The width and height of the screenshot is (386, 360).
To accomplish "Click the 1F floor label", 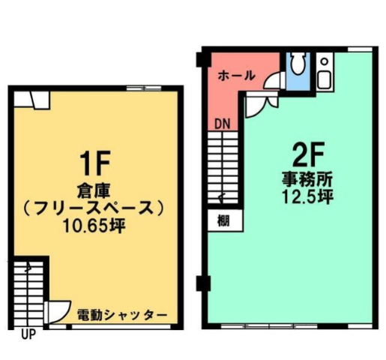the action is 95,163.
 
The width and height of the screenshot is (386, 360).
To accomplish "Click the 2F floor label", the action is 308,154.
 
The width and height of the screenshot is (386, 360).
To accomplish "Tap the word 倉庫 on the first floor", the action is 94,192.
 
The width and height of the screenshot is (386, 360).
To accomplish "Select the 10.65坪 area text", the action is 94,226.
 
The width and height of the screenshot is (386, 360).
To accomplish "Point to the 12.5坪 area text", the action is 307,197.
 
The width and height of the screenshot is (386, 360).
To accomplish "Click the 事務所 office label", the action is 307,180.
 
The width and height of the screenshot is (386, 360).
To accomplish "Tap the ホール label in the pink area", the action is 237,76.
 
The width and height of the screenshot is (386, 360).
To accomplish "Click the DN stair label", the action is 223,124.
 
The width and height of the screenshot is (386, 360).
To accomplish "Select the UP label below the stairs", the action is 28,334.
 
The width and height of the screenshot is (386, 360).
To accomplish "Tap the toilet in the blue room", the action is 298,62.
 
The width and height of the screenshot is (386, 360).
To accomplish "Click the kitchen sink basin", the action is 325,79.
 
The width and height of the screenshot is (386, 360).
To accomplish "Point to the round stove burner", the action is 325,61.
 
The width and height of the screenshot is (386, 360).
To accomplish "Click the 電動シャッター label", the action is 122,316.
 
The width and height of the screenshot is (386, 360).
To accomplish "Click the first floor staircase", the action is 28,293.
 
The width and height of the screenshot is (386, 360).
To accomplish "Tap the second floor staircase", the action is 223,167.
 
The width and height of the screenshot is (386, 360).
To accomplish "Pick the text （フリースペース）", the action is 94,208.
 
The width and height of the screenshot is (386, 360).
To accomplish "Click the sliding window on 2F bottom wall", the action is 269,326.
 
